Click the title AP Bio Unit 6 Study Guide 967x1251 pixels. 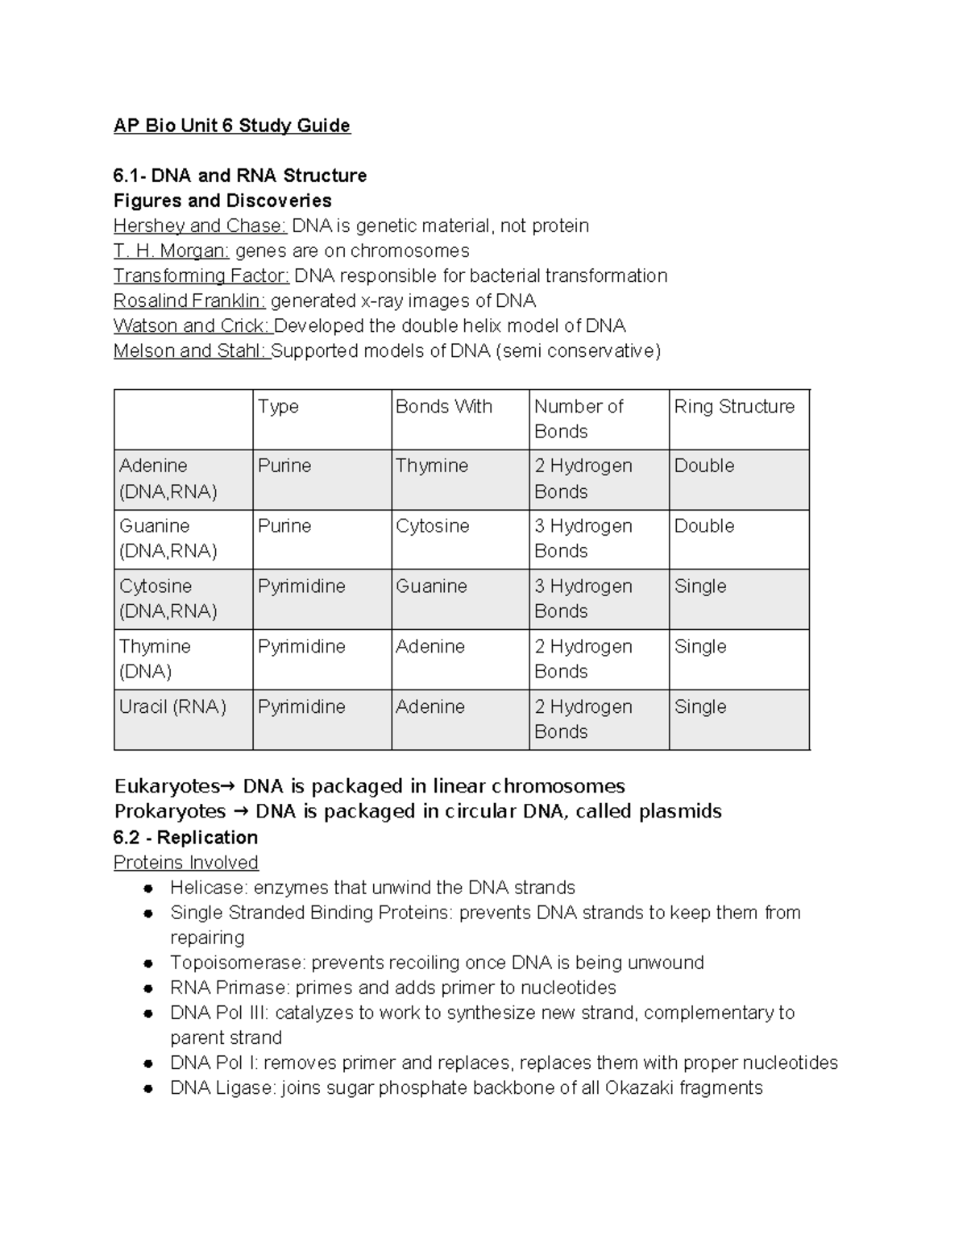[x=231, y=126]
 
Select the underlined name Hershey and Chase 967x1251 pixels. [x=199, y=226]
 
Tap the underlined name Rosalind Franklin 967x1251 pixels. [x=189, y=301]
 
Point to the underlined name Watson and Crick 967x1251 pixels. [x=192, y=326]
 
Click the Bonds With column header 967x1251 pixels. [x=443, y=407]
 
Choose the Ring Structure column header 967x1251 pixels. [x=733, y=407]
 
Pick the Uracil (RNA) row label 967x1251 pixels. [x=172, y=707]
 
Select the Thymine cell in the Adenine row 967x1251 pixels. [x=431, y=466]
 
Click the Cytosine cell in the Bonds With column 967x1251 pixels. [x=432, y=526]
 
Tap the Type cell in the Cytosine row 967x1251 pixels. [x=301, y=586]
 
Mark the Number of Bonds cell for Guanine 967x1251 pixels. [x=583, y=538]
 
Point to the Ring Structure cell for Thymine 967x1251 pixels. [x=699, y=647]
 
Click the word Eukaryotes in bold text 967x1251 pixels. [x=166, y=786]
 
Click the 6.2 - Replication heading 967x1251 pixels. [x=185, y=838]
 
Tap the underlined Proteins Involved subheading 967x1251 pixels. [x=185, y=863]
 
